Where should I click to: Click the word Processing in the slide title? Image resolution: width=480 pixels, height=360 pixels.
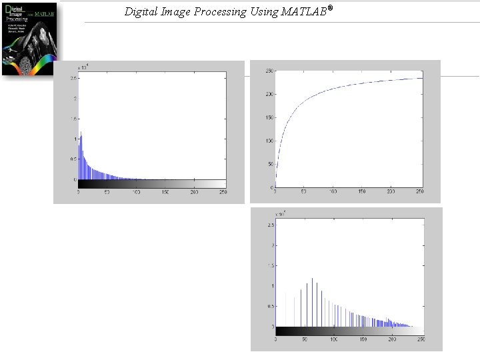pos(213,11)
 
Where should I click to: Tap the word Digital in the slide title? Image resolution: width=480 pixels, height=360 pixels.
pos(142,11)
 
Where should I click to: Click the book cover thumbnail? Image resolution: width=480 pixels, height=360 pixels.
pos(30,38)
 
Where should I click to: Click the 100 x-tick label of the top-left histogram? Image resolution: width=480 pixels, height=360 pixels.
pos(137,192)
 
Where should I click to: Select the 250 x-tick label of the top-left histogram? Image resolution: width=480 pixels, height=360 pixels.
pos(223,192)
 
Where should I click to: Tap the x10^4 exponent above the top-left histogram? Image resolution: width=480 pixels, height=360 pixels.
pos(83,67)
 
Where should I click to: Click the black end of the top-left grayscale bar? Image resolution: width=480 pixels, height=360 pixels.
pos(81,184)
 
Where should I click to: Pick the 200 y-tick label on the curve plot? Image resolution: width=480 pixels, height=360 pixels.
pos(269,94)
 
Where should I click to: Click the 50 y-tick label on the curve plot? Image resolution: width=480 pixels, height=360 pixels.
pos(271,164)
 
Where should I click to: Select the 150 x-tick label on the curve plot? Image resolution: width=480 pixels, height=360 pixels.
pos(361,192)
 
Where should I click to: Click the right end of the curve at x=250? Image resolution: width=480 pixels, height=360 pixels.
pos(421,78)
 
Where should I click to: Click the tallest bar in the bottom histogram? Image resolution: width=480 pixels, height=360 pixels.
pos(312,279)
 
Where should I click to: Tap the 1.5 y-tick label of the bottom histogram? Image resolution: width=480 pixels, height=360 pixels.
pos(270,265)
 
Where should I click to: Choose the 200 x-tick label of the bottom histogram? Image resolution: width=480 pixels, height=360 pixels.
pos(392,339)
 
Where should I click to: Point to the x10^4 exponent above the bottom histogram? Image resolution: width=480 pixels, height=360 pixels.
pos(281,214)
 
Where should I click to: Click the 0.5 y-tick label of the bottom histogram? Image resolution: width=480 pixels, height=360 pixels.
pos(270,306)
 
